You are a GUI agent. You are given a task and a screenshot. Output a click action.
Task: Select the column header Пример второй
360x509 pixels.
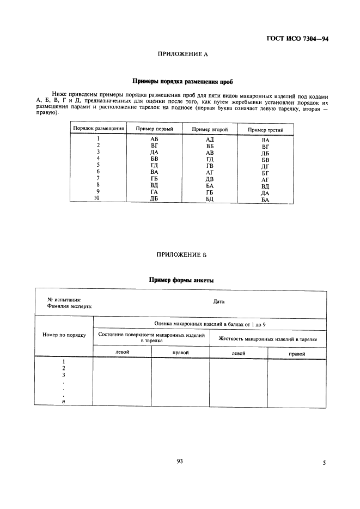point(210,129)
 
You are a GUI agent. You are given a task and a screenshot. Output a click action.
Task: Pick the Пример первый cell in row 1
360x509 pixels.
point(154,140)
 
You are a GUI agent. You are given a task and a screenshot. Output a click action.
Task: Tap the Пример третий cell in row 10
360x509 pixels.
point(265,200)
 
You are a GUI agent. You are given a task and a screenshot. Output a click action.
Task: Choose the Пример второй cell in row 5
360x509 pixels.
point(210,165)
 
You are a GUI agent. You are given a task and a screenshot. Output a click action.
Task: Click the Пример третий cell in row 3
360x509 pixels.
point(265,153)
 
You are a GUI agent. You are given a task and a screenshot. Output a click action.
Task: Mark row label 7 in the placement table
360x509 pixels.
point(98,178)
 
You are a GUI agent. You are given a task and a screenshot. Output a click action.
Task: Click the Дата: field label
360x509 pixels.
point(219,301)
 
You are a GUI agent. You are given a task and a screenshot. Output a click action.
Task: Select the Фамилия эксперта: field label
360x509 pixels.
point(70,306)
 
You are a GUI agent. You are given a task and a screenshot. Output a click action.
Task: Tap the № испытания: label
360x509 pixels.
point(64,300)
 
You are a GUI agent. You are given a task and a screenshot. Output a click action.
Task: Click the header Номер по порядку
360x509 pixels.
point(64,335)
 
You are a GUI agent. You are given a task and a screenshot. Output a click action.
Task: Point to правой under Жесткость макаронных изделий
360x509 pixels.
point(297,354)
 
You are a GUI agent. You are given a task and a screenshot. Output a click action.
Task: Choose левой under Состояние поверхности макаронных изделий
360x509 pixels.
point(123,353)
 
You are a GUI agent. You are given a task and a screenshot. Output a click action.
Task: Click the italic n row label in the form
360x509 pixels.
point(64,402)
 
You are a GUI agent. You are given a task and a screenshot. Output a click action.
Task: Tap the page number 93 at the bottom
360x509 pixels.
point(180,461)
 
